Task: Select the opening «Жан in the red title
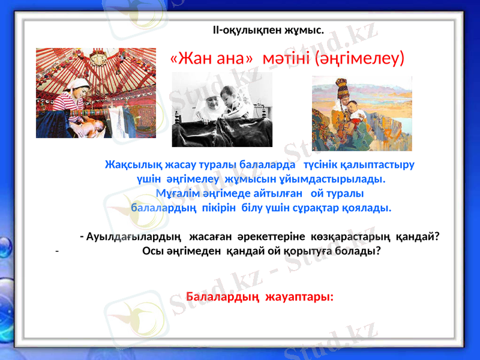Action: [x=193, y=59]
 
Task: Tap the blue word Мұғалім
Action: [x=177, y=193]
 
